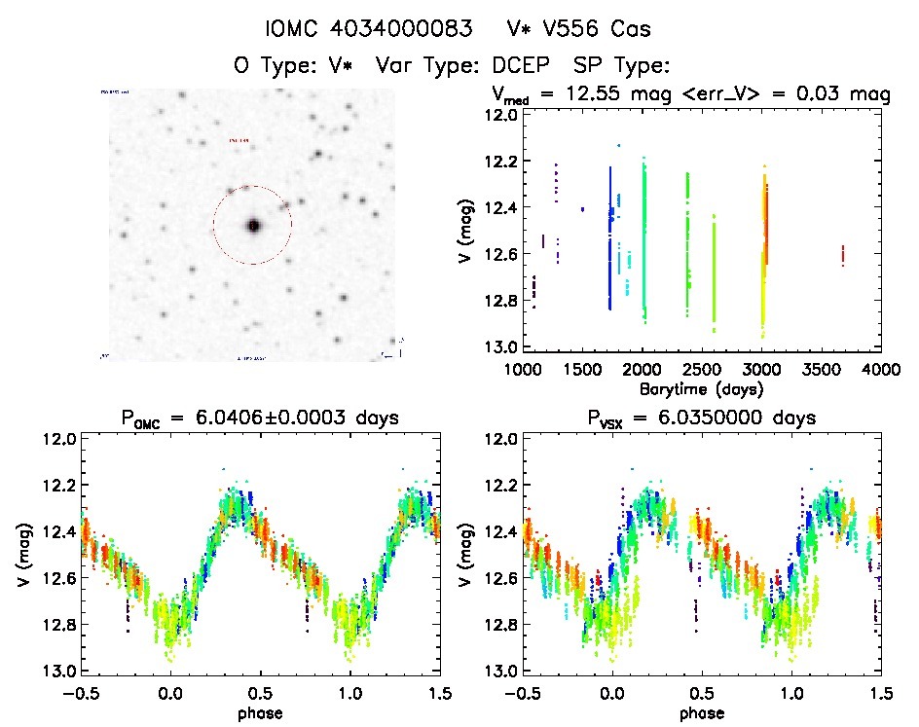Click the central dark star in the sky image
tap(253, 226)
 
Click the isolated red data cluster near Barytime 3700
tap(842, 255)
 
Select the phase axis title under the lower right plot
tap(702, 711)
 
